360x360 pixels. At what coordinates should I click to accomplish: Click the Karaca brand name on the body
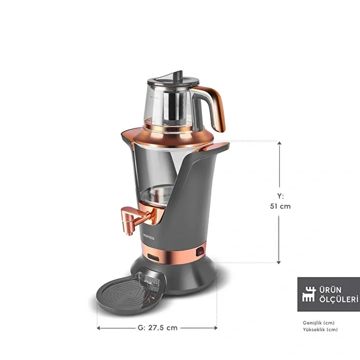(x=149, y=237)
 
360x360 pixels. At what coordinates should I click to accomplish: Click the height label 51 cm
(x=280, y=206)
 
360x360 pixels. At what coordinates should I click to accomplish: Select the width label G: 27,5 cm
(x=157, y=328)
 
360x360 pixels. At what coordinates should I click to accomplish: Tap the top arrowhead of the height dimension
(x=279, y=143)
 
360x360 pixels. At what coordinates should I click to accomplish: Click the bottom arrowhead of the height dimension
(x=279, y=262)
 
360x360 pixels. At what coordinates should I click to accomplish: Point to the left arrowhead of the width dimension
(x=99, y=328)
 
